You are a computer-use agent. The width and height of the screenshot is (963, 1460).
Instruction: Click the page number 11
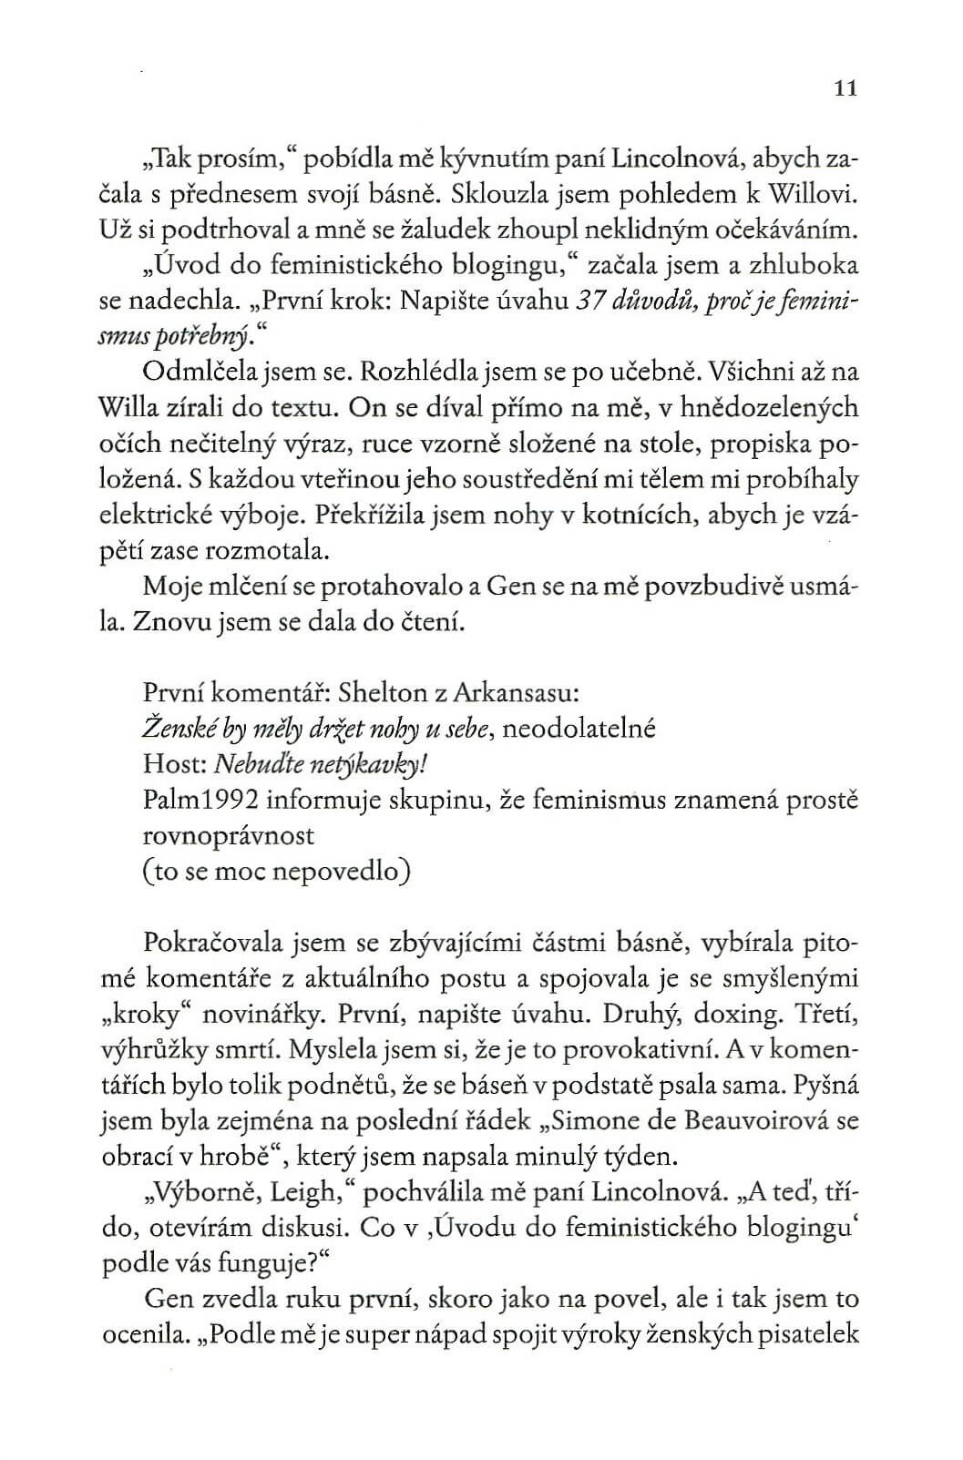pyautogui.click(x=846, y=89)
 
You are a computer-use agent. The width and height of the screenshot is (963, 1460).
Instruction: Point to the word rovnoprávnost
pyautogui.click(x=229, y=835)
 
